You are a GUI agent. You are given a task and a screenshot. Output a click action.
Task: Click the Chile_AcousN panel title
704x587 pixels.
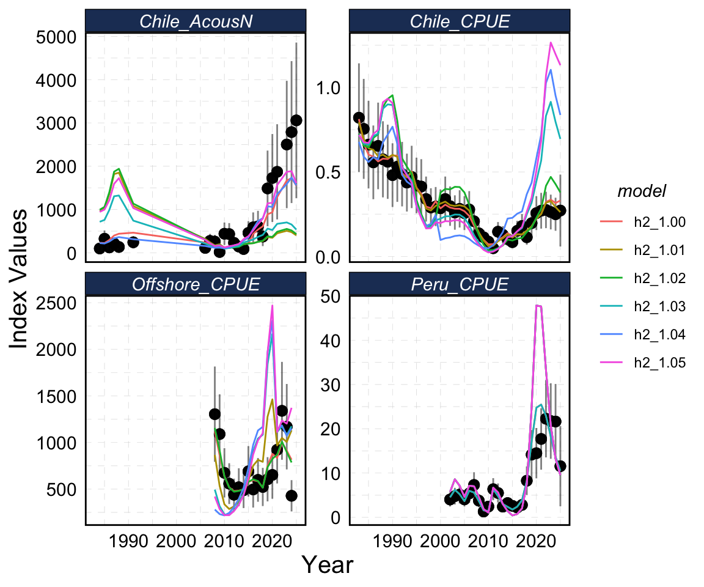[196, 22]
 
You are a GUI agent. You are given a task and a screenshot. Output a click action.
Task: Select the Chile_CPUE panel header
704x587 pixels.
[460, 22]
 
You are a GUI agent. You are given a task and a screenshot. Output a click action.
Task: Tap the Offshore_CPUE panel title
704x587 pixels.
[196, 284]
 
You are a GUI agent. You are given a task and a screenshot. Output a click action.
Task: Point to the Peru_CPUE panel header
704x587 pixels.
[460, 284]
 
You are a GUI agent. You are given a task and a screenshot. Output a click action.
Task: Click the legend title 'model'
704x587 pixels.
[642, 191]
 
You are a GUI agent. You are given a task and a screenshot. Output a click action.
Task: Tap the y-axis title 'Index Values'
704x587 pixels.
[20, 278]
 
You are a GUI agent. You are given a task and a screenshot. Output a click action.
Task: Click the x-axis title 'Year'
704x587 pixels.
[328, 565]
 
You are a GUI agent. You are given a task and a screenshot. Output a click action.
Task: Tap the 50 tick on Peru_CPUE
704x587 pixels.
[333, 296]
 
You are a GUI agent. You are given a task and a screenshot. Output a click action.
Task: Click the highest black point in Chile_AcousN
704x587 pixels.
[296, 120]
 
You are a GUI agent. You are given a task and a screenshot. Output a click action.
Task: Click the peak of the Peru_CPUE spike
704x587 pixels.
[538, 305]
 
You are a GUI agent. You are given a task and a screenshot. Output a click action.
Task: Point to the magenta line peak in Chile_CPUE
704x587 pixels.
[551, 42]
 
